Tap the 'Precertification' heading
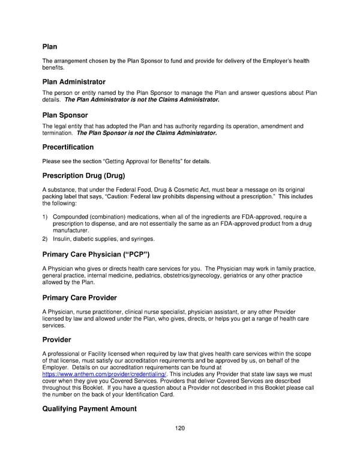pos(68,147)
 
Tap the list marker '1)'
pos(46,217)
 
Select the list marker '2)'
pos(46,238)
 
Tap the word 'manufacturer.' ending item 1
pos(71,231)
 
